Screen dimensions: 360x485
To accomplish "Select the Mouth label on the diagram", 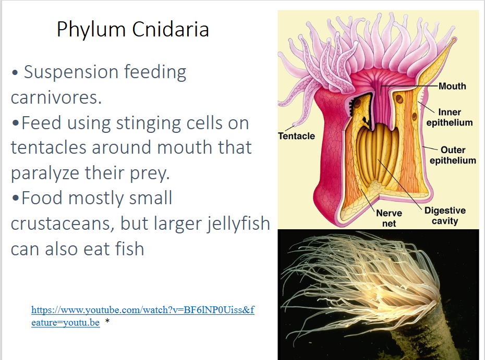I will tap(452, 86).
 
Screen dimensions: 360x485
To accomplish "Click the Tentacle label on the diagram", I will tap(296, 136).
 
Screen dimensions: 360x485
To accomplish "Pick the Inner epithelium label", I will tap(450, 117).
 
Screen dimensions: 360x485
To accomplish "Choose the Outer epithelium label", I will tap(453, 155).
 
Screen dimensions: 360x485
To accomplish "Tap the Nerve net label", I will tap(389, 218).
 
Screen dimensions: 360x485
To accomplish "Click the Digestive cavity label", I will tap(445, 216).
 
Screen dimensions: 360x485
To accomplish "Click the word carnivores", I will tap(56, 97).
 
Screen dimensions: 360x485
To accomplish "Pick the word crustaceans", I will tap(62, 224).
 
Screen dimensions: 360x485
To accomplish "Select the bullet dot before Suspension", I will tap(15, 73).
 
